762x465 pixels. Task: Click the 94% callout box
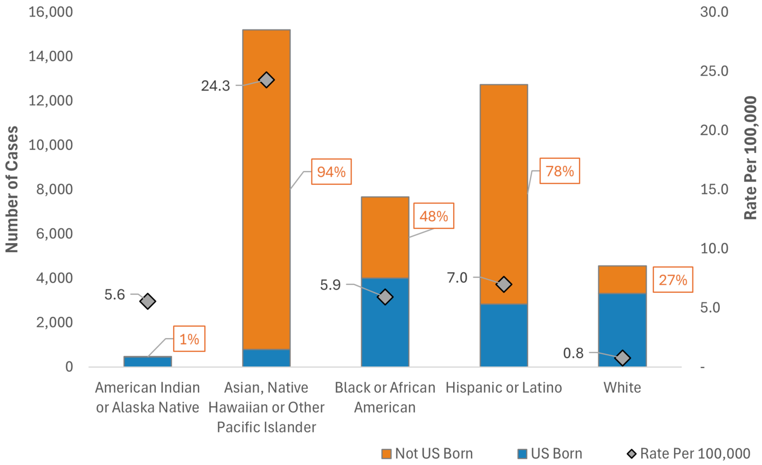pyautogui.click(x=331, y=172)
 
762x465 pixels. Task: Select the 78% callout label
pyautogui.click(x=559, y=171)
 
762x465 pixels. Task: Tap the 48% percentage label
pyautogui.click(x=433, y=216)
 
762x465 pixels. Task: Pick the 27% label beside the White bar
pyautogui.click(x=673, y=280)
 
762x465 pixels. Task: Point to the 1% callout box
pyautogui.click(x=189, y=339)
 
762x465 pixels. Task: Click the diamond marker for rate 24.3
pyautogui.click(x=266, y=80)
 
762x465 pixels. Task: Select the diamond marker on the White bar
pyautogui.click(x=622, y=358)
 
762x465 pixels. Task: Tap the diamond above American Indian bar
pyautogui.click(x=148, y=301)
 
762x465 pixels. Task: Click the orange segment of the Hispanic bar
pyautogui.click(x=503, y=193)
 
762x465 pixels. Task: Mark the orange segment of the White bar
pyautogui.click(x=622, y=279)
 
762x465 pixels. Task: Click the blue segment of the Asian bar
pyautogui.click(x=266, y=358)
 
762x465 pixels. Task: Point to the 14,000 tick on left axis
pyautogui.click(x=51, y=56)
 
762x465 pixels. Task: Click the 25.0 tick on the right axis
pyautogui.click(x=714, y=71)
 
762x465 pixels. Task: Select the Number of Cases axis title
pyautogui.click(x=12, y=189)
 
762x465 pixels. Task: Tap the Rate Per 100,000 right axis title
pyautogui.click(x=750, y=158)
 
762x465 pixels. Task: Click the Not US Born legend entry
pyautogui.click(x=427, y=453)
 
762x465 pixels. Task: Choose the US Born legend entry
pyautogui.click(x=550, y=453)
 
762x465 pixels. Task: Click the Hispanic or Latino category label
pyautogui.click(x=503, y=387)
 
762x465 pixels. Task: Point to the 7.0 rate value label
pyautogui.click(x=457, y=278)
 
